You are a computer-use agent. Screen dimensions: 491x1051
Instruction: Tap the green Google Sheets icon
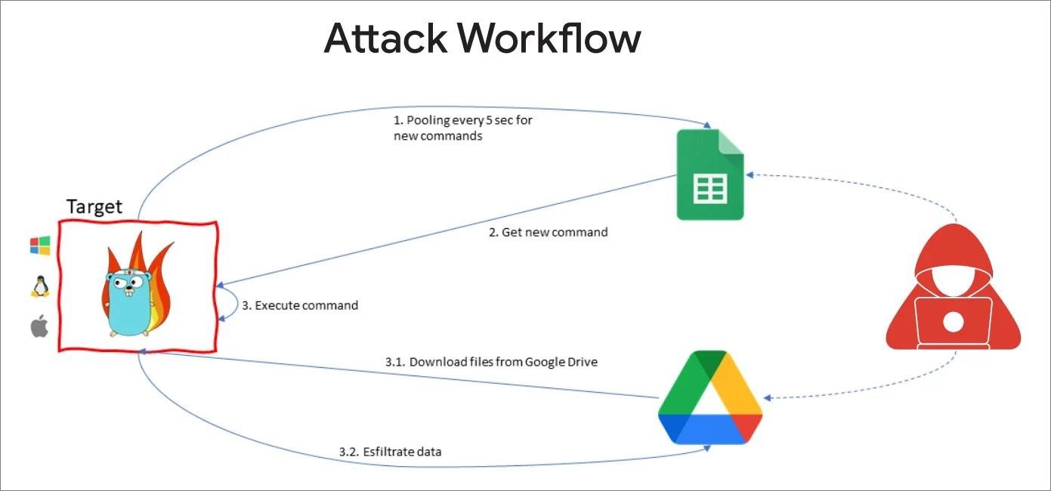[x=709, y=174]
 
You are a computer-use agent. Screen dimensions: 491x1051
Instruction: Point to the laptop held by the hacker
[x=953, y=322]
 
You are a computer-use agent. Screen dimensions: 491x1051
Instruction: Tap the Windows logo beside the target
[x=40, y=246]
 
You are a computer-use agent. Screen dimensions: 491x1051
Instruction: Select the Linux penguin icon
[x=39, y=286]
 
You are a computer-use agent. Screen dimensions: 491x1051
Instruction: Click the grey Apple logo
[x=39, y=327]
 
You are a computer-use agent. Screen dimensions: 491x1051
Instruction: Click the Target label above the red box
[x=94, y=206]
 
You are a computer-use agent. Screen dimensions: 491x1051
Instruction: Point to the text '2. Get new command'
[x=548, y=233]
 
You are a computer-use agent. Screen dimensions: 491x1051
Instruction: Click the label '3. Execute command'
[x=300, y=306]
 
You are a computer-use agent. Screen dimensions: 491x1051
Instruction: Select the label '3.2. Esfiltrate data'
[x=390, y=452]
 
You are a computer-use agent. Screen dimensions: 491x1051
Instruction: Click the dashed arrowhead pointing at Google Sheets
[x=750, y=174]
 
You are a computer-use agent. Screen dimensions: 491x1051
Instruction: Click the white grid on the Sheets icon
[x=709, y=188]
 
